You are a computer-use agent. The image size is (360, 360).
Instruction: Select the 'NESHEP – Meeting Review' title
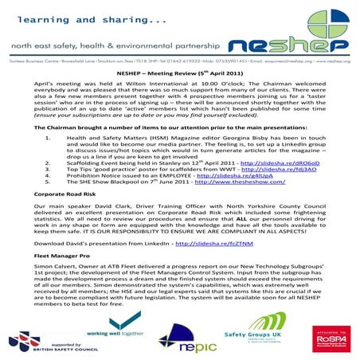pos(180,71)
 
